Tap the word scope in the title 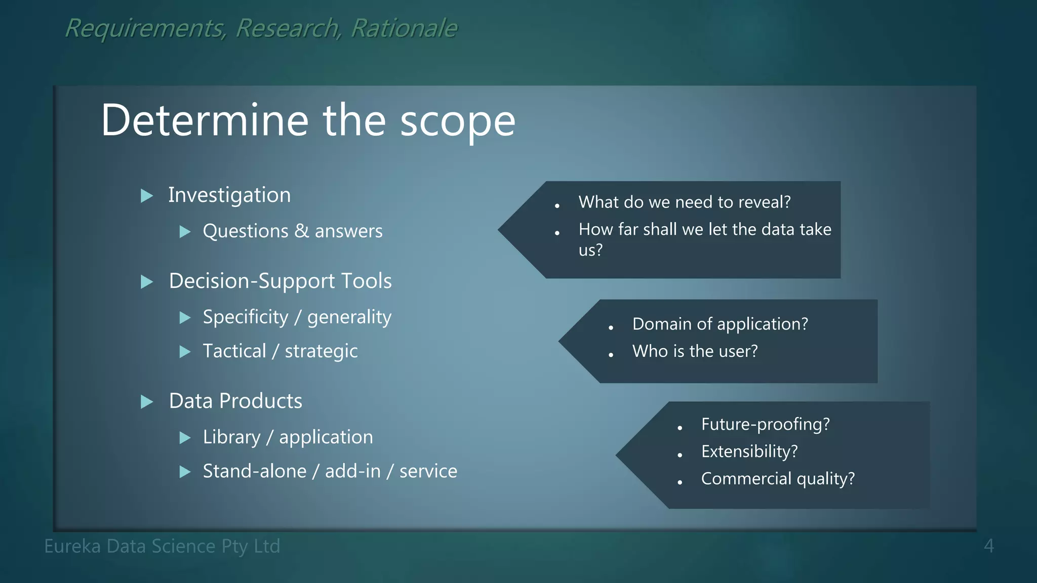[457, 121]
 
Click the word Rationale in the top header [404, 28]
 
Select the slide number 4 [988, 547]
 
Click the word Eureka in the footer [72, 547]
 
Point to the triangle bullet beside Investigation [147, 196]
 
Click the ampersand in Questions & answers [301, 231]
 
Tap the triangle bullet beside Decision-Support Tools [147, 282]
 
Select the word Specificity [245, 317]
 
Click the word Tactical [234, 351]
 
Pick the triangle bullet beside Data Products [147, 402]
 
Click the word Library [231, 437]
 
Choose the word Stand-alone [254, 471]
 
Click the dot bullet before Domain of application [611, 328]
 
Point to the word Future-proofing [765, 424]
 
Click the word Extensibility [749, 451]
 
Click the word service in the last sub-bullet [428, 471]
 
